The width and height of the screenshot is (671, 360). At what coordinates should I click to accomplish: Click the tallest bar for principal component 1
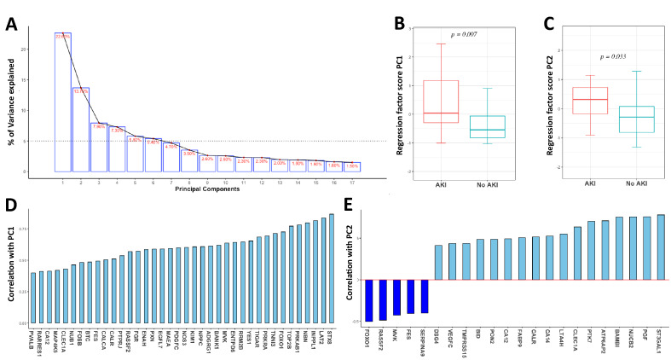pos(62,102)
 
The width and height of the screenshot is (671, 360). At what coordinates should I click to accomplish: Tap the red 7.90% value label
pos(99,126)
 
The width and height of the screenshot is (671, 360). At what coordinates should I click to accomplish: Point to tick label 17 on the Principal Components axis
pos(354,181)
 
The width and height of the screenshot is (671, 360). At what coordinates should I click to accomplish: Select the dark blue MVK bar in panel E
pos(398,297)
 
